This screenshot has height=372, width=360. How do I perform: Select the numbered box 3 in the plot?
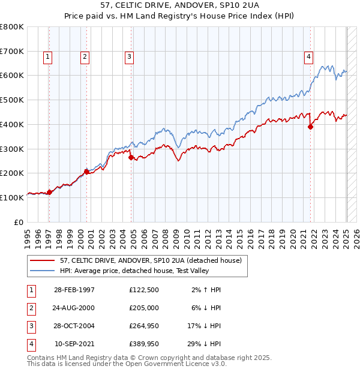(129, 57)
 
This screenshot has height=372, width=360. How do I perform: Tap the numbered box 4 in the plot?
(308, 57)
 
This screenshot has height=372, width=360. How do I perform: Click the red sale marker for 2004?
(131, 157)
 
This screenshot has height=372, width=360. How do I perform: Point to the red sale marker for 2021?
(311, 127)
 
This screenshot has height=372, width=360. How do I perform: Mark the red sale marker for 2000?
(86, 172)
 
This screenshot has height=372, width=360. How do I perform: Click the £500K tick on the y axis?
(13, 100)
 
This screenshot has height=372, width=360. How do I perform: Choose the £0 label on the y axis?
(19, 222)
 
